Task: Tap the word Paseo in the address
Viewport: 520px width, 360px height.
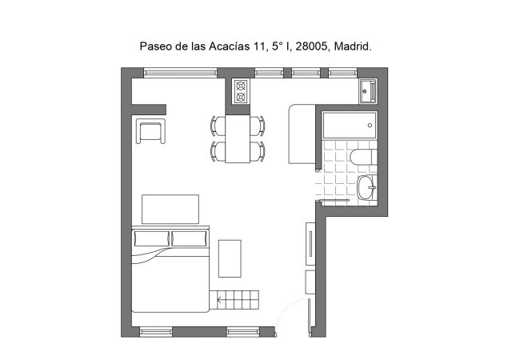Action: (x=155, y=47)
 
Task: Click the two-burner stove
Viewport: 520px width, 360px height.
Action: (x=240, y=92)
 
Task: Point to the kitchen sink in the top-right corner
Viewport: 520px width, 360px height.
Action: (x=367, y=92)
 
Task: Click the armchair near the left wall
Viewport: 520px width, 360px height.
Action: (x=151, y=131)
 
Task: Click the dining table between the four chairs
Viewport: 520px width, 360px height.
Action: (x=238, y=138)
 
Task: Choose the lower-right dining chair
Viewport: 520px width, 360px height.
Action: (x=257, y=151)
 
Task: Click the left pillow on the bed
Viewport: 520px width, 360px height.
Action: (x=152, y=238)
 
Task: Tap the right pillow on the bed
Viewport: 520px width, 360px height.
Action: (x=189, y=238)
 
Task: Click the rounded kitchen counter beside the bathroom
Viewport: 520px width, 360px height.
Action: (x=301, y=134)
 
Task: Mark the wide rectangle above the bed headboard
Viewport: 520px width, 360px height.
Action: (x=170, y=210)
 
